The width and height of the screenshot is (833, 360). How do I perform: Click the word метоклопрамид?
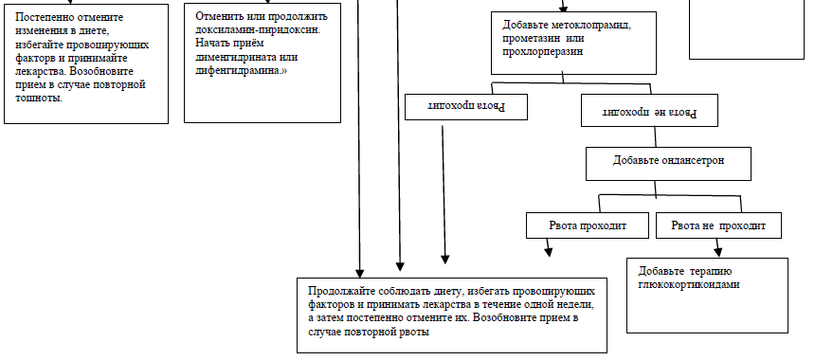[x=590, y=25]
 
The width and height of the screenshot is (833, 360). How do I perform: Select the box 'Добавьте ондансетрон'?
[x=668, y=164]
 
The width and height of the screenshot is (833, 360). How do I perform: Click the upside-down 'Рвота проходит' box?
[x=466, y=107]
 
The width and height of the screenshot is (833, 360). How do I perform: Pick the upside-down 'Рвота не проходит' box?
[x=649, y=111]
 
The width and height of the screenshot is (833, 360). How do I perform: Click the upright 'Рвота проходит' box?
[x=587, y=225]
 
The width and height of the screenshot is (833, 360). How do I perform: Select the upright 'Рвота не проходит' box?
[x=718, y=225]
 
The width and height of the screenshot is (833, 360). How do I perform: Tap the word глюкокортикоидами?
[x=689, y=284]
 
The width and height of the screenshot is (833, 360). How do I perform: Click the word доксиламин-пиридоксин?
[x=265, y=29]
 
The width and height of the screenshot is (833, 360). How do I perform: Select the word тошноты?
[x=39, y=99]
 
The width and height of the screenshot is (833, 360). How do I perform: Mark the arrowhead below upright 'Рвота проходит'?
[x=549, y=251]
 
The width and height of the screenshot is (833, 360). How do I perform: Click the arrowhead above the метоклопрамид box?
[x=564, y=8]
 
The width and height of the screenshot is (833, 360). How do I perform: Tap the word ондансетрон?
[x=691, y=160]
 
